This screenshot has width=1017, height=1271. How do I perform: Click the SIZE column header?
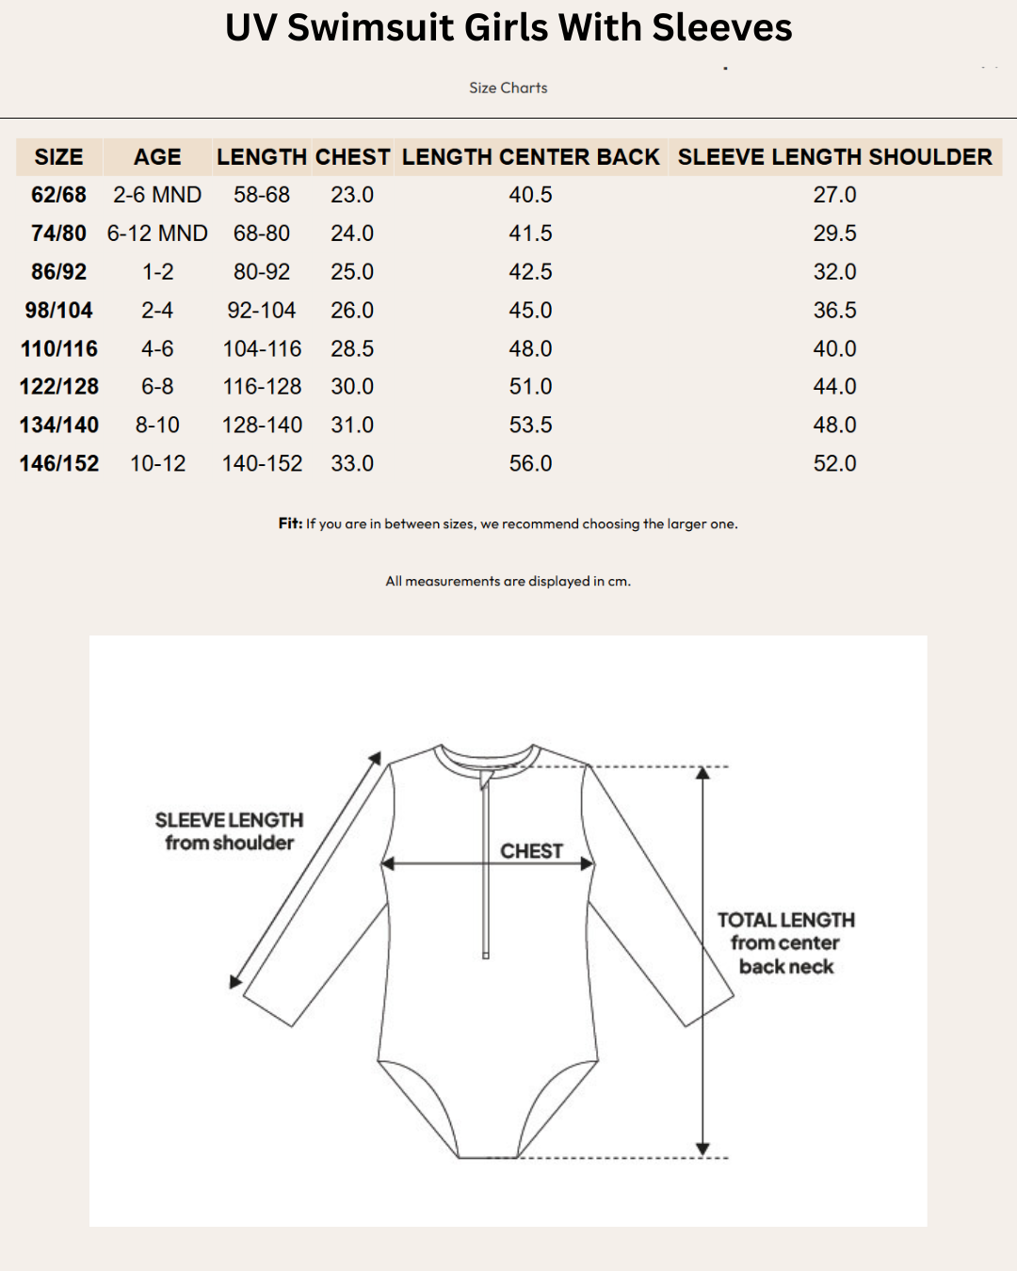[58, 157]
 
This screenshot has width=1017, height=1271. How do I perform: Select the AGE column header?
[157, 157]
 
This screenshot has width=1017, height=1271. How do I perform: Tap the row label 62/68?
[58, 195]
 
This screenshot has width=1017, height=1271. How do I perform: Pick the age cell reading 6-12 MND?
[157, 233]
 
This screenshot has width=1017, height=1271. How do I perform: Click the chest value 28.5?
[352, 348]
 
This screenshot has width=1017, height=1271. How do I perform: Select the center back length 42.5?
[530, 272]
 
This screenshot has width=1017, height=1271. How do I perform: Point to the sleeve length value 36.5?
[834, 311]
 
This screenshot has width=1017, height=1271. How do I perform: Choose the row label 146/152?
[59, 463]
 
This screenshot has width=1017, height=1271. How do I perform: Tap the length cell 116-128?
[262, 387]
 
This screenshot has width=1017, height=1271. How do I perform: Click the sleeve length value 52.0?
[834, 463]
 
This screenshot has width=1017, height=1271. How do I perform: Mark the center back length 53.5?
[530, 426]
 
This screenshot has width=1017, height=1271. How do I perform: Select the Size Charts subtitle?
[508, 88]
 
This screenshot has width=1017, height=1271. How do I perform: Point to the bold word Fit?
[290, 523]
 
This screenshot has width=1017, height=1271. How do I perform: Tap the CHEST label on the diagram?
[531, 851]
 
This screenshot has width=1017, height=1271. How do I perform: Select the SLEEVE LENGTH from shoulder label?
[229, 831]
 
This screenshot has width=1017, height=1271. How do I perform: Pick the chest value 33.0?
[352, 463]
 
